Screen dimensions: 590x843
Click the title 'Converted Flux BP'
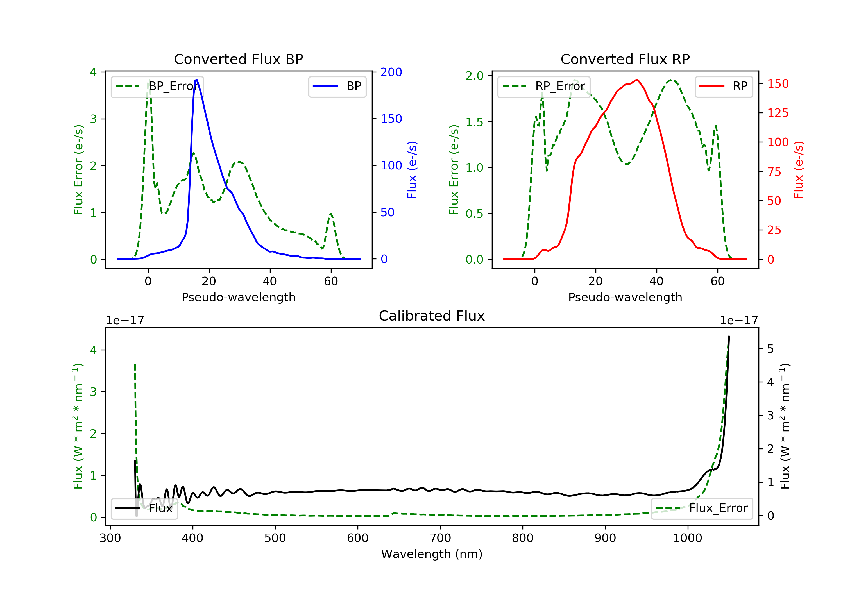pos(238,59)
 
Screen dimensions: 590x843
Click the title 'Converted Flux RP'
pos(625,59)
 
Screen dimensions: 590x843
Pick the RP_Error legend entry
pos(544,86)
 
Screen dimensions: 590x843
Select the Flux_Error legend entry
pos(702,508)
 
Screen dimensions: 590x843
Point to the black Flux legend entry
pos(144,508)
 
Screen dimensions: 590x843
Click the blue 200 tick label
pos(391,72)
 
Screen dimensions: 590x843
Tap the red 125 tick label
pos(778,113)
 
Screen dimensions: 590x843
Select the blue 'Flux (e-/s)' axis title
pos(412,170)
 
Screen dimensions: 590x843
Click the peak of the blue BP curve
pos(197,80)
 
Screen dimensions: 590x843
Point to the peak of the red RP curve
pos(637,80)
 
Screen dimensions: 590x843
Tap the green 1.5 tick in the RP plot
pos(474,122)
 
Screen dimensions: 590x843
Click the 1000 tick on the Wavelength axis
pos(687,538)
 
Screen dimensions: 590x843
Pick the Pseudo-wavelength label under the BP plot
pos(238,297)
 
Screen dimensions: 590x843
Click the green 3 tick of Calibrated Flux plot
pos(94,392)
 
